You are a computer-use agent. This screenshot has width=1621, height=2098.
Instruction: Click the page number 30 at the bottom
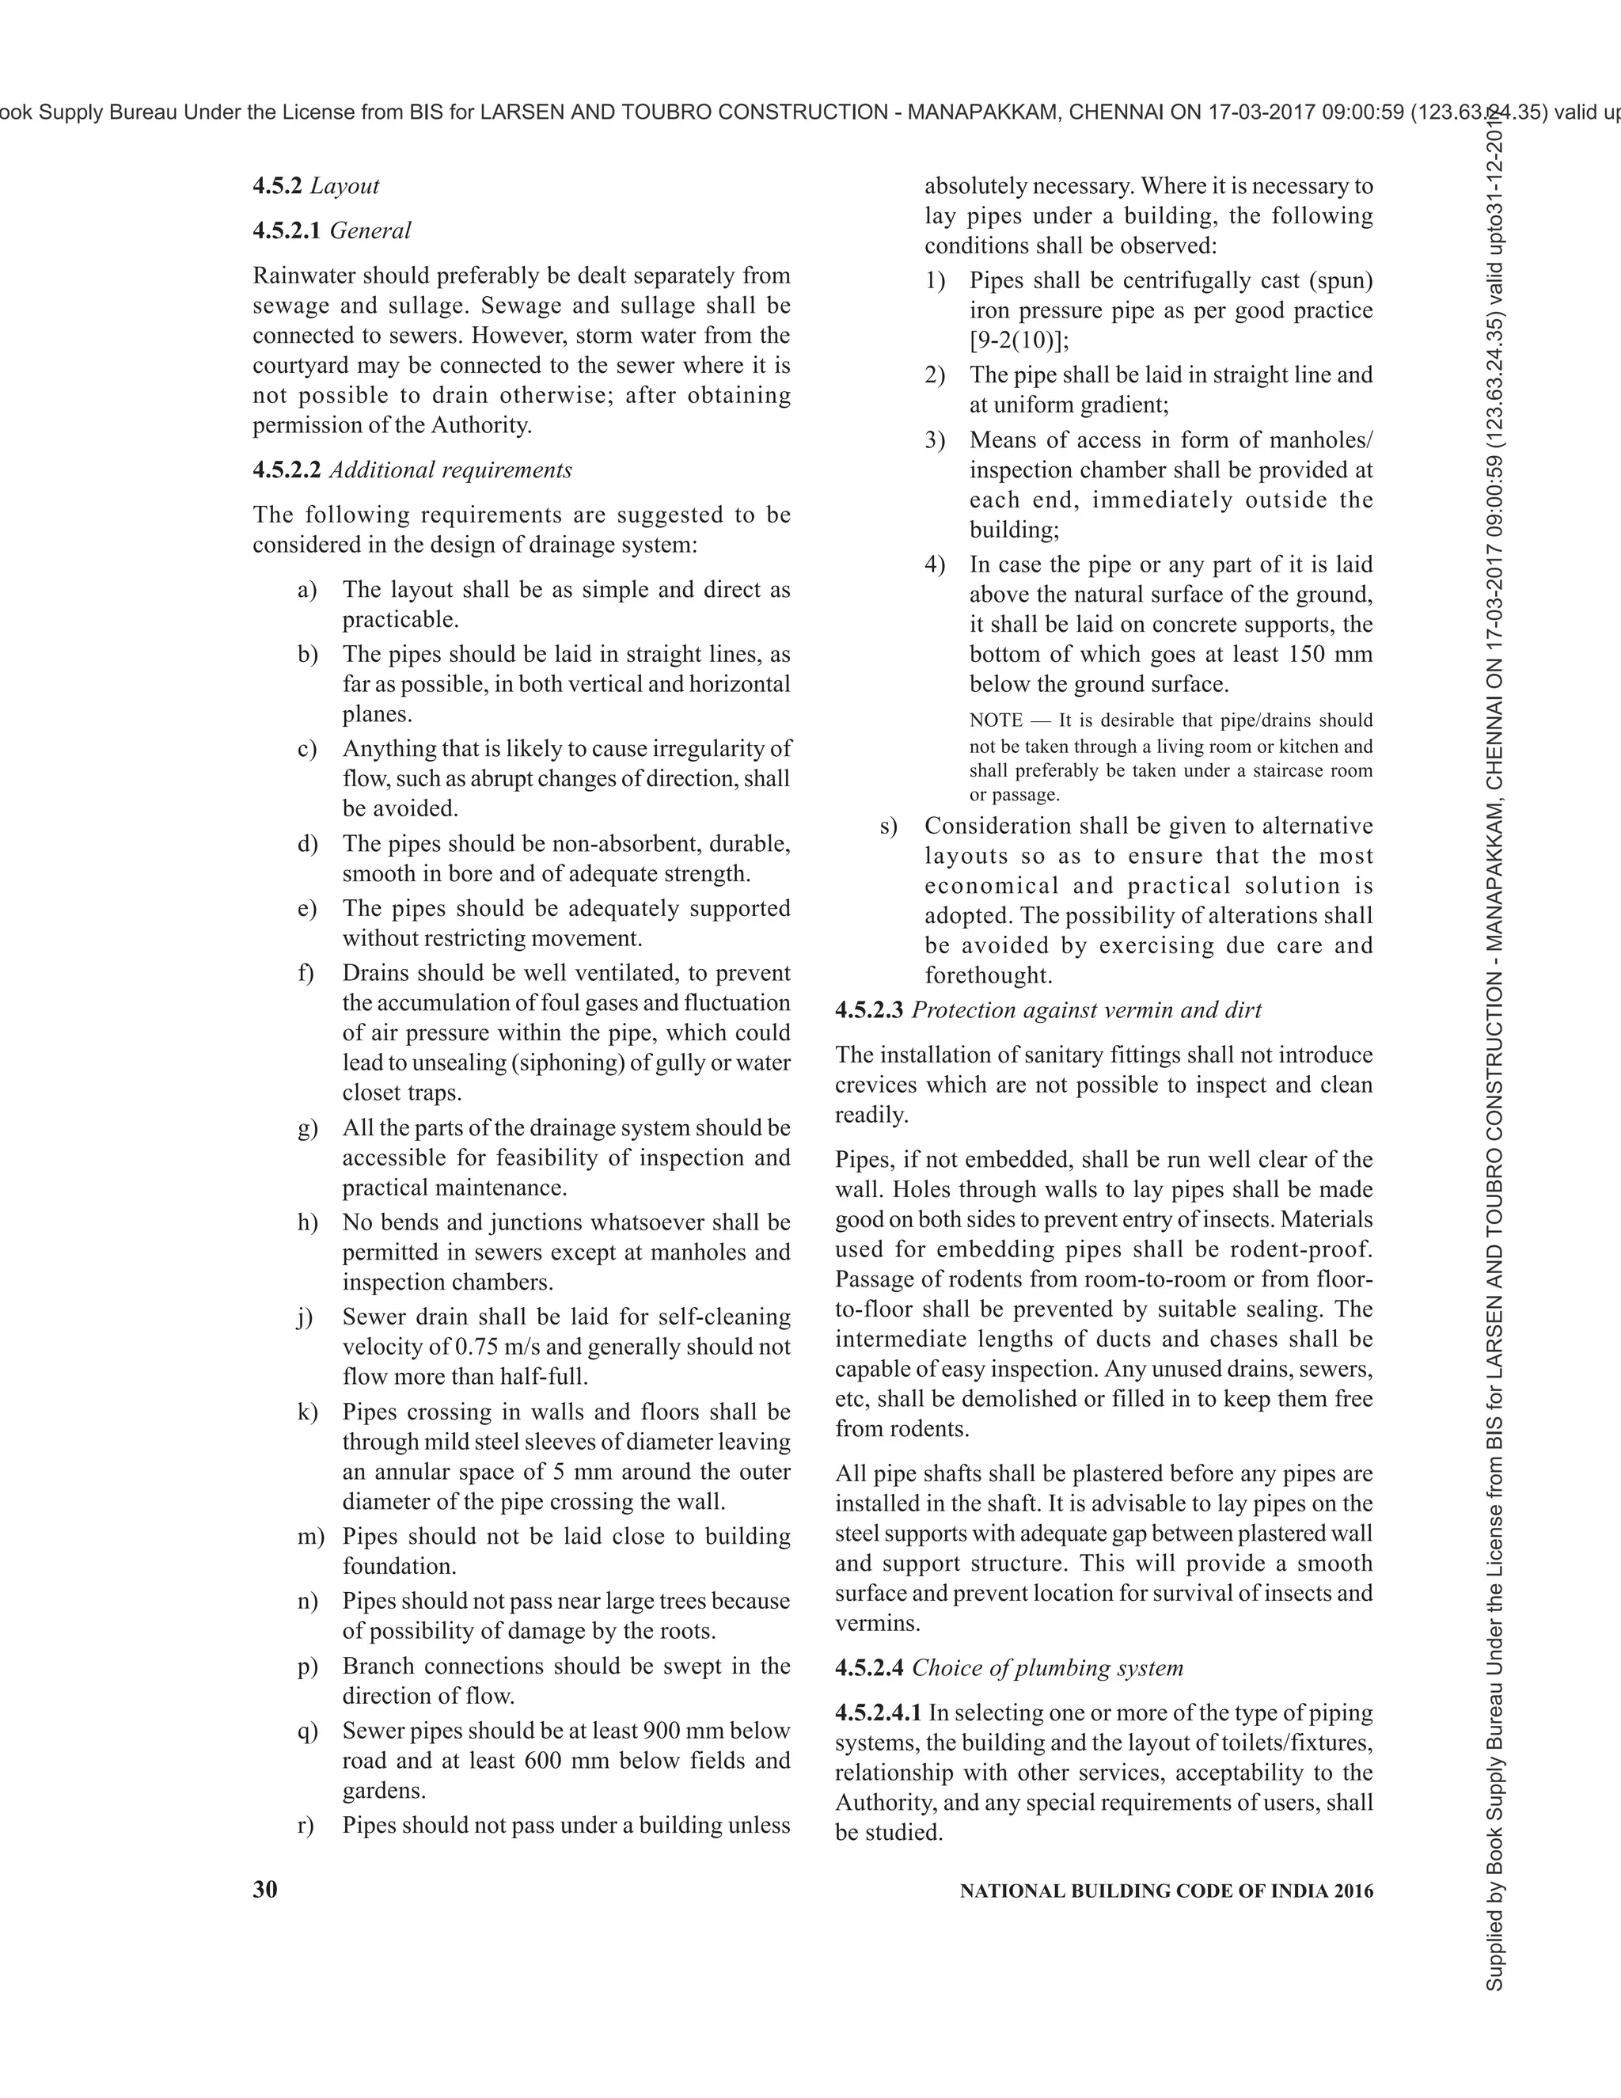click(265, 1890)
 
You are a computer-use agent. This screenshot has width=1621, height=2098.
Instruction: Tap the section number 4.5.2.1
click(287, 230)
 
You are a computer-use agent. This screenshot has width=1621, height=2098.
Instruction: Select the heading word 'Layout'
click(345, 186)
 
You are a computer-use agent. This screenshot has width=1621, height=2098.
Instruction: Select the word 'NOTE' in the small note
click(996, 720)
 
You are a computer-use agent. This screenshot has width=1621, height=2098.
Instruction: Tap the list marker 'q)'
click(307, 1730)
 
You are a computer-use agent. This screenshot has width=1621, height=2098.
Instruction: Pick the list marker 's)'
click(888, 826)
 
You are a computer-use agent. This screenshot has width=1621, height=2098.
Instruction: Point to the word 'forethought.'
click(988, 975)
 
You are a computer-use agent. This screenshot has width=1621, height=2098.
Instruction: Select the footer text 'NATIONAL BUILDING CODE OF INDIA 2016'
click(1167, 1891)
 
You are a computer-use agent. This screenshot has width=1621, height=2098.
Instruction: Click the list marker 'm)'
click(310, 1536)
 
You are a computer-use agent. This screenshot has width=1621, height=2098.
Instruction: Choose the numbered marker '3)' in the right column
click(935, 440)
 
